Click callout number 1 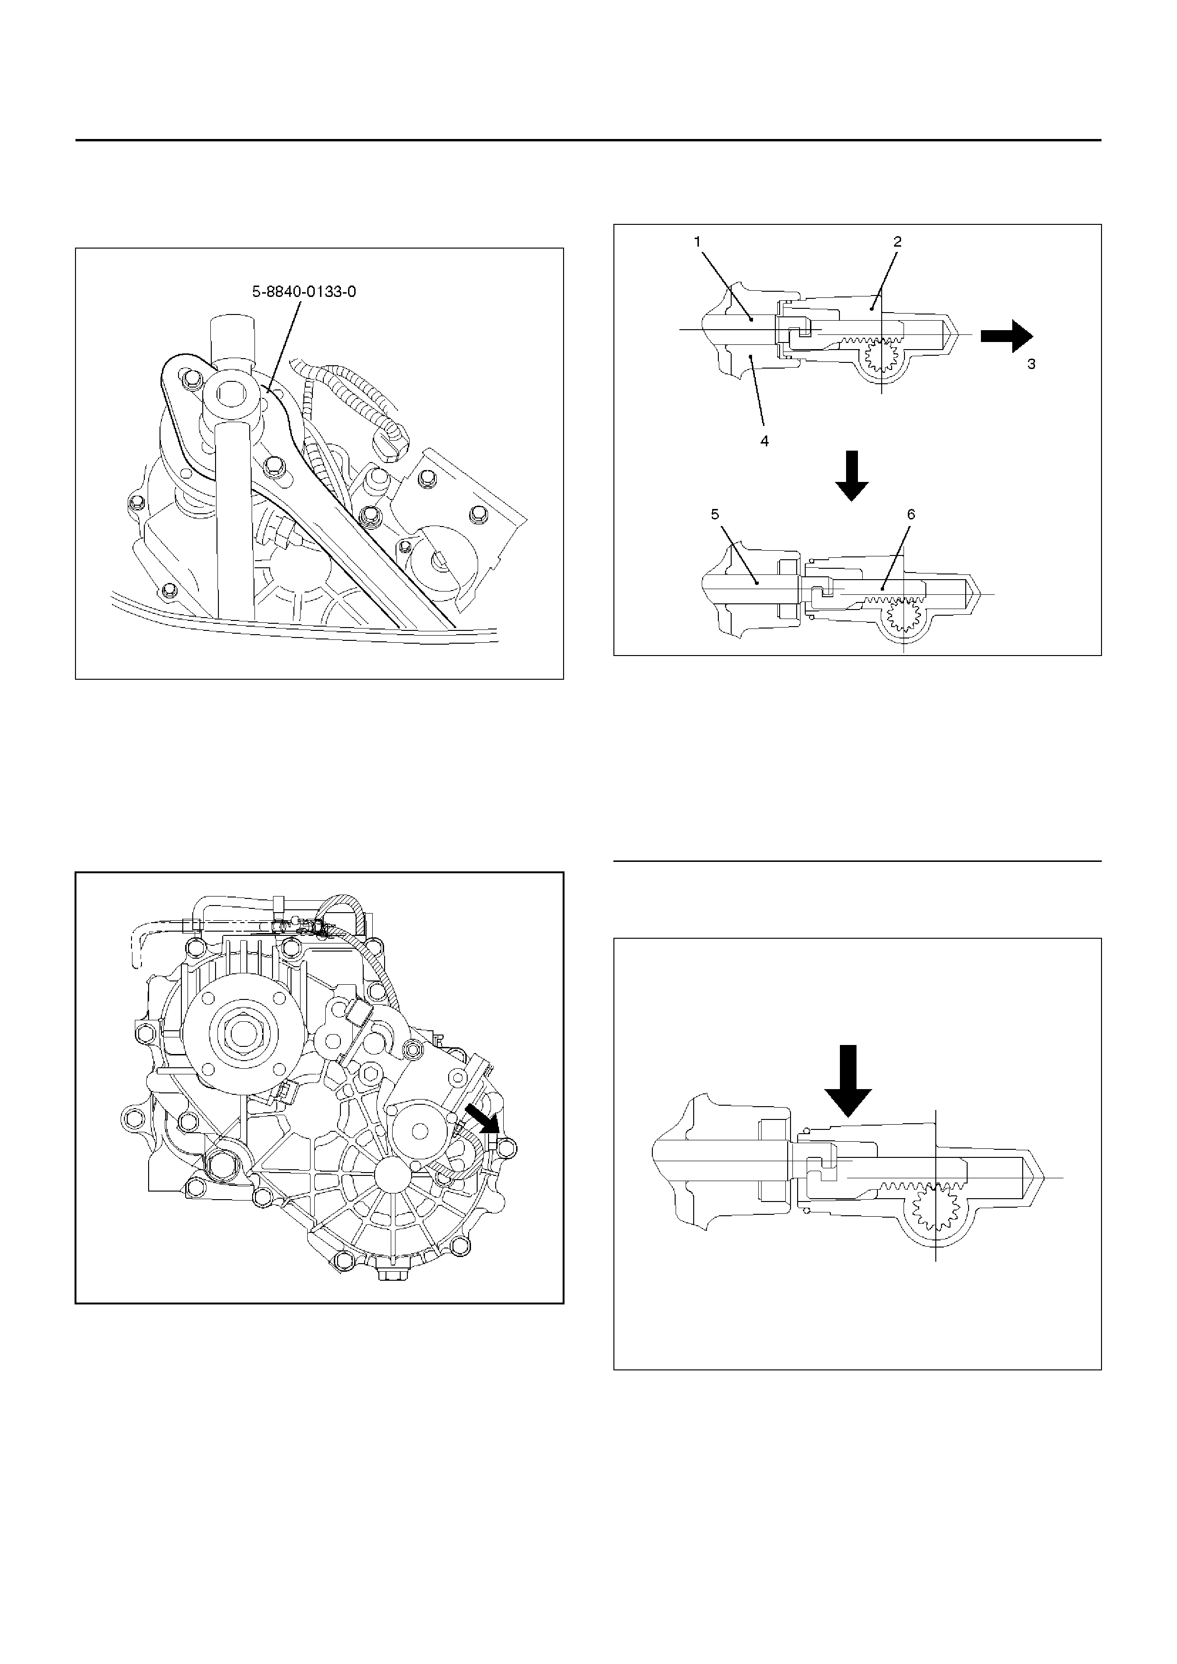point(697,242)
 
